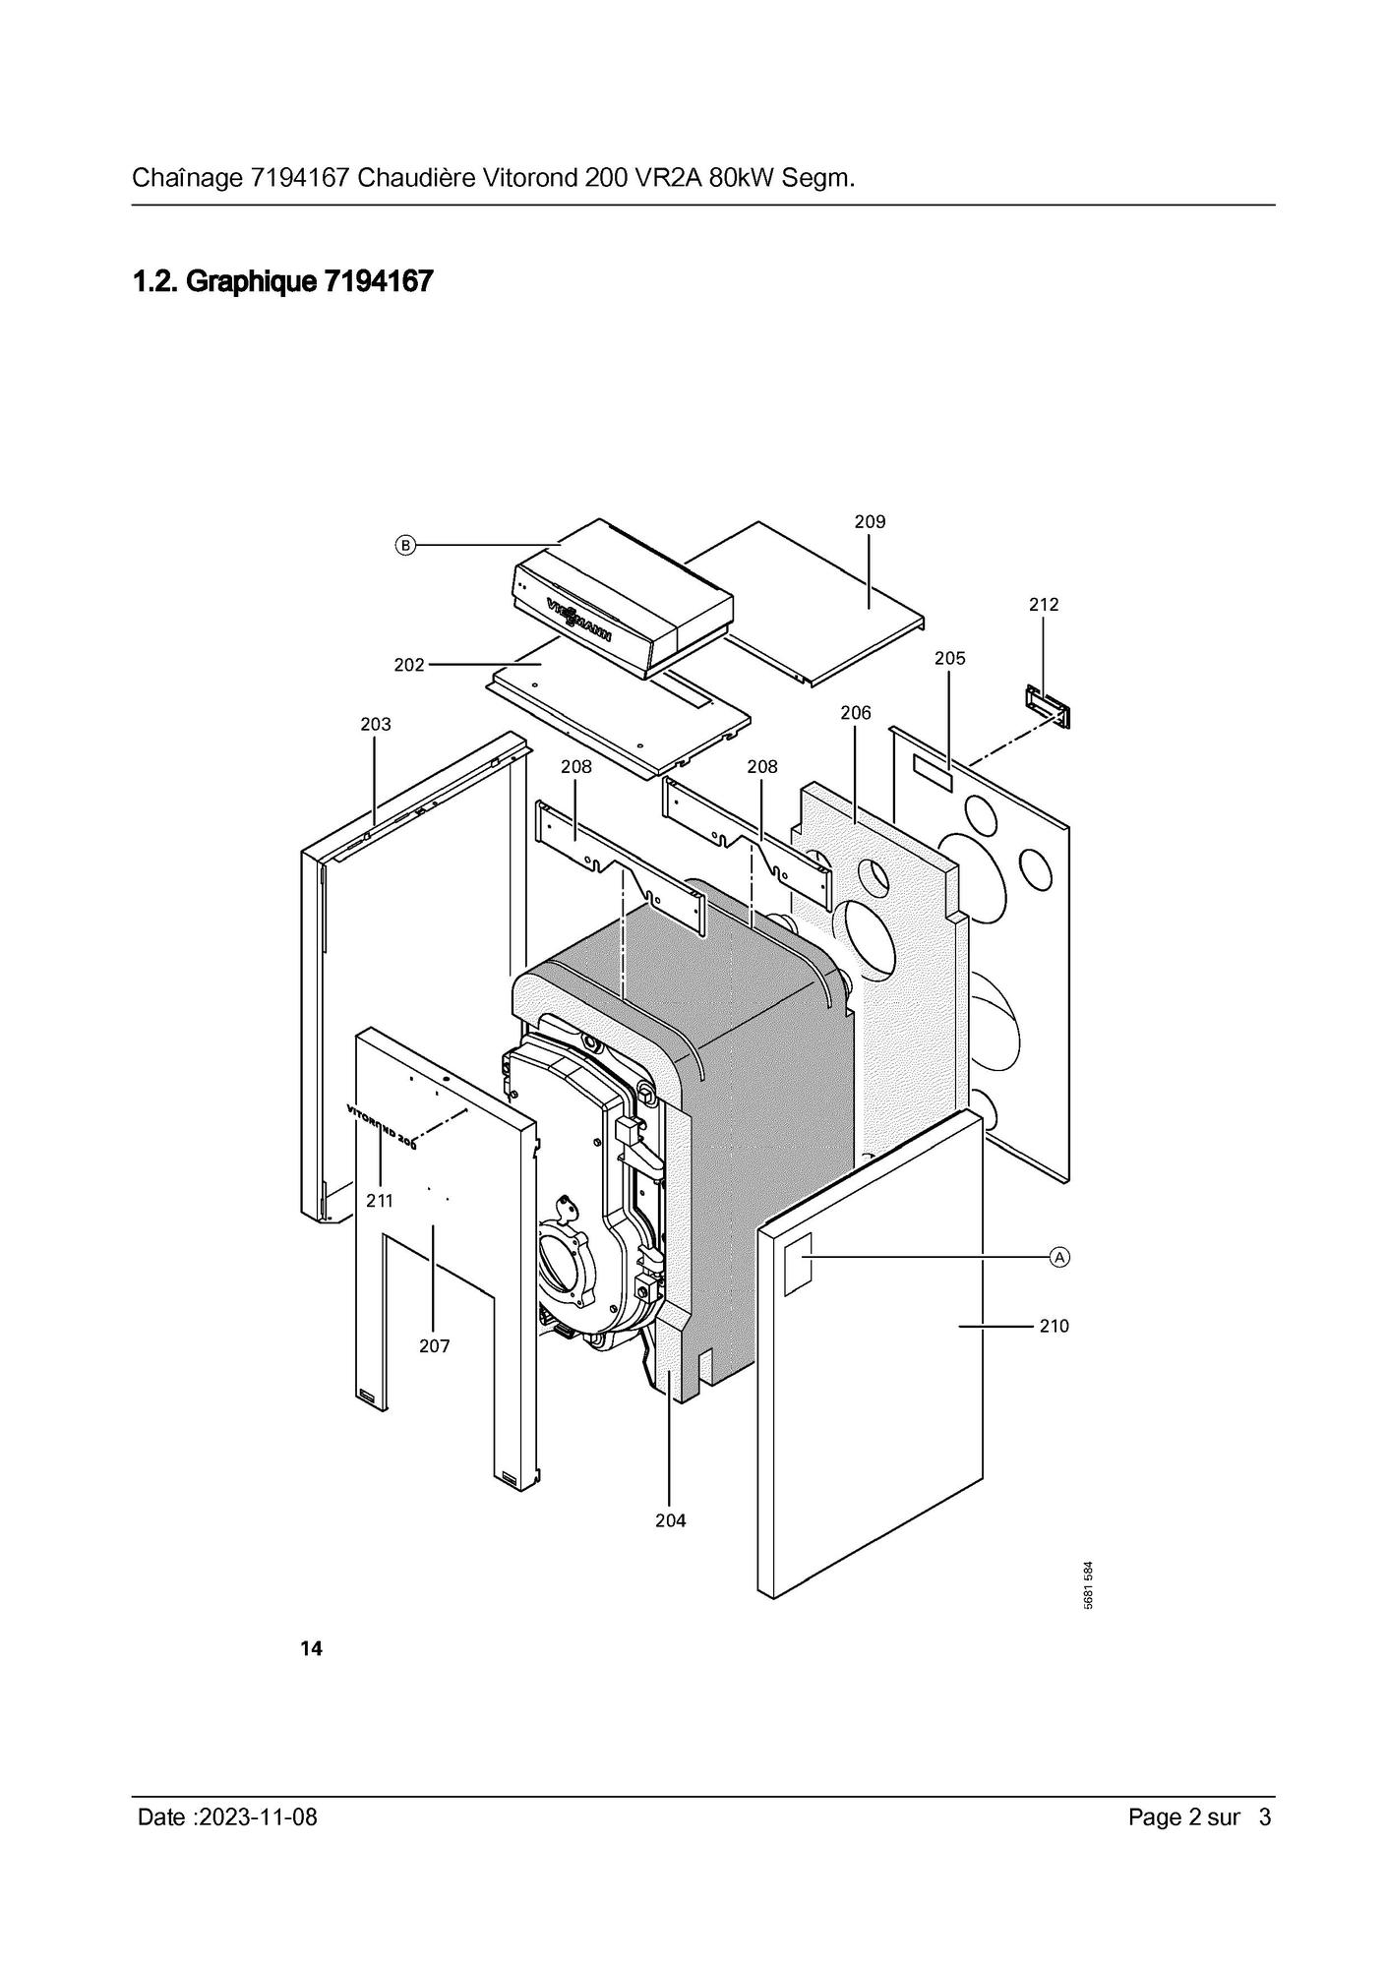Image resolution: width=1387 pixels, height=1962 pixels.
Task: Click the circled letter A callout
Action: pyautogui.click(x=1059, y=1257)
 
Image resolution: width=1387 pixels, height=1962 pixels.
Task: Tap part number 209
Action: pyautogui.click(x=870, y=522)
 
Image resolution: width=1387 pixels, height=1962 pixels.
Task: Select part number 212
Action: pyautogui.click(x=1044, y=605)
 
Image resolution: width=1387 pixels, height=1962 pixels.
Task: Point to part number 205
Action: pyautogui.click(x=950, y=659)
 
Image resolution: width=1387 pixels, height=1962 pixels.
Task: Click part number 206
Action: pyautogui.click(x=856, y=713)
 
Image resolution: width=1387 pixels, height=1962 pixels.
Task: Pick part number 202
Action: pyautogui.click(x=409, y=665)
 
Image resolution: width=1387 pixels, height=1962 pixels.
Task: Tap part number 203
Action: pyautogui.click(x=376, y=725)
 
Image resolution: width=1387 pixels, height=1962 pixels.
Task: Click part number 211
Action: pyautogui.click(x=379, y=1201)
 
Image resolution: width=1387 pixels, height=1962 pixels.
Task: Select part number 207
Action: pyautogui.click(x=434, y=1346)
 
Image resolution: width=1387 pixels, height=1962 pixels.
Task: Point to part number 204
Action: pyautogui.click(x=671, y=1520)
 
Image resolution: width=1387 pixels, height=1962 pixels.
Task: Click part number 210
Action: pyautogui.click(x=1054, y=1327)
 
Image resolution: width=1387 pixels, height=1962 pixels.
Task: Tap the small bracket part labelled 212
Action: pyautogui.click(x=1048, y=707)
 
